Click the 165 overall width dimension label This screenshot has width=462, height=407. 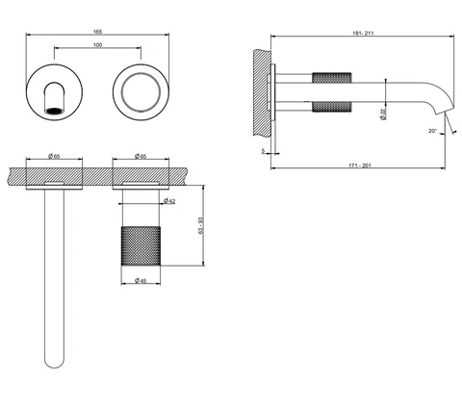pos(97,32)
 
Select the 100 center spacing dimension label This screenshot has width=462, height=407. pos(97,45)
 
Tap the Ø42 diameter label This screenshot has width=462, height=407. pos(169,201)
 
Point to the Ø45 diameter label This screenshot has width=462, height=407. pos(141,281)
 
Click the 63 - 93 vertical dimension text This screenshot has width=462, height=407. pos(201,225)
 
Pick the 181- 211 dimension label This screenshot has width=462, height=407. pos(363,33)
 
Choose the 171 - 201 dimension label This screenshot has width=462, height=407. pos(360,165)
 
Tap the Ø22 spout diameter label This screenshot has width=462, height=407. pos(382,114)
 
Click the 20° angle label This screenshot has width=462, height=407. pos(432,131)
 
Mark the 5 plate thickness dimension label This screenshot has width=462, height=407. pos(263,150)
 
